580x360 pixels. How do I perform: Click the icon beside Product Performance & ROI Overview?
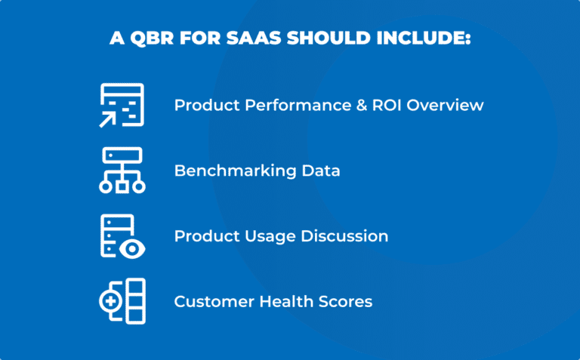pos(122,106)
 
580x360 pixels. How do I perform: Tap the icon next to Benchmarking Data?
pos(122,171)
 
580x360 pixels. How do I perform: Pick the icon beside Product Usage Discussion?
pos(122,236)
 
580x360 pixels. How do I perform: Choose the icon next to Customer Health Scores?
pos(122,301)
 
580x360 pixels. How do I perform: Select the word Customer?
pos(209,302)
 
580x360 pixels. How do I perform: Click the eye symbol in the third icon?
pos(134,247)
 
